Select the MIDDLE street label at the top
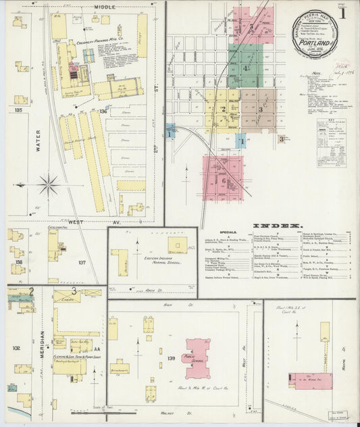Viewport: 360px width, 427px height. (105, 6)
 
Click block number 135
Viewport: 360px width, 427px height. (18, 109)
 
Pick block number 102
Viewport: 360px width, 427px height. (16, 349)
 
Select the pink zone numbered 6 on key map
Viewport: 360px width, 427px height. (223, 180)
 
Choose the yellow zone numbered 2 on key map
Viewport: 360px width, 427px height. (223, 108)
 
